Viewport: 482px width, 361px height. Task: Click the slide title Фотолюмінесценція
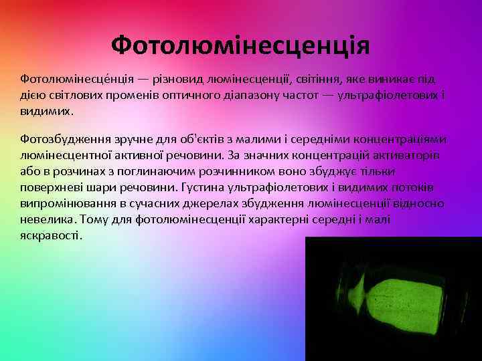240,46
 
